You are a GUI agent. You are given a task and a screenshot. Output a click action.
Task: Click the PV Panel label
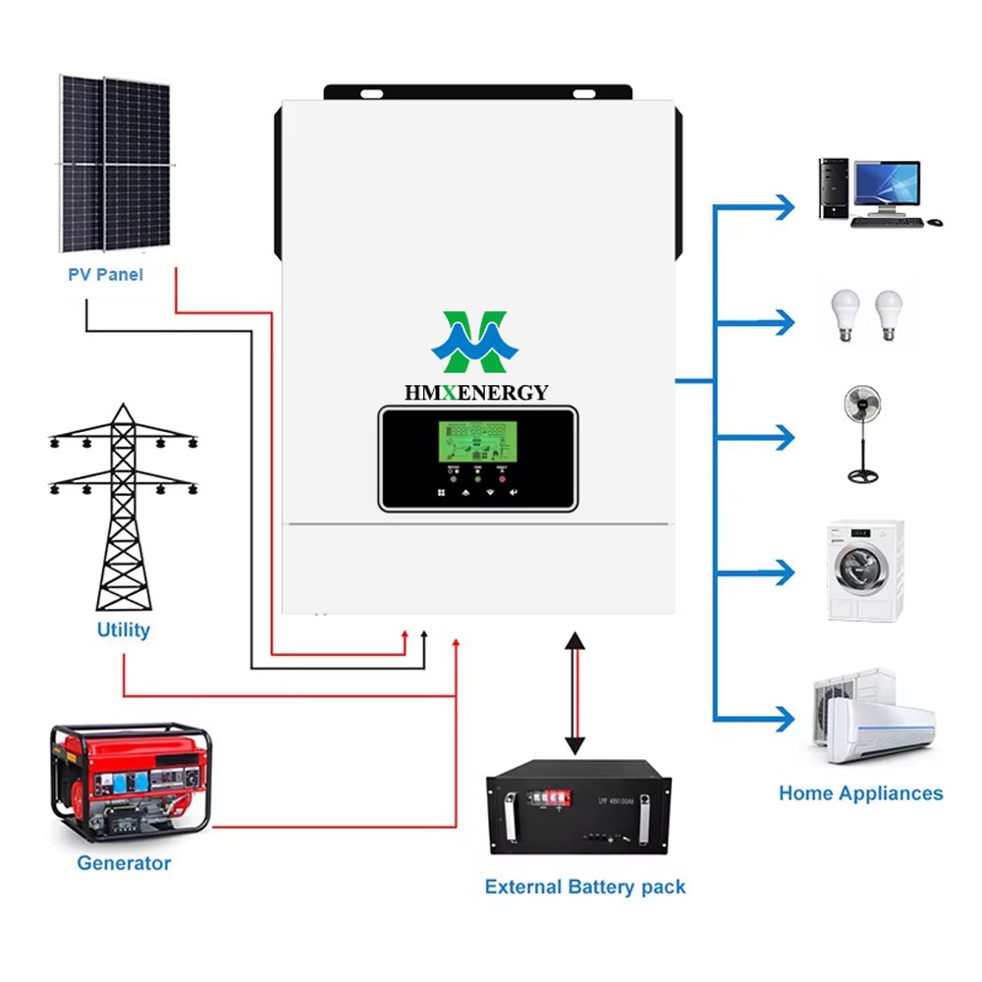coord(105,274)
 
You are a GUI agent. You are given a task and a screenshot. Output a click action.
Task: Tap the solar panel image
coord(114,163)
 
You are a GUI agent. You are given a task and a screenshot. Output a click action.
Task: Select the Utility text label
coord(123,629)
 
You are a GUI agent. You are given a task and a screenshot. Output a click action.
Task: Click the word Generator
coord(124,863)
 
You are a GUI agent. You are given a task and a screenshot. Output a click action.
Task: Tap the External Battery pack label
coord(584,887)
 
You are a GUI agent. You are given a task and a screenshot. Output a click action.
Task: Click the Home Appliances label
coord(860,793)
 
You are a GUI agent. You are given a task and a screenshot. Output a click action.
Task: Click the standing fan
coord(863,433)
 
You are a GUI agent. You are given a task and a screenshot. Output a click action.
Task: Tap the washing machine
coord(865,571)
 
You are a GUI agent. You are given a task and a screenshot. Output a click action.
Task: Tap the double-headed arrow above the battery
coord(575,692)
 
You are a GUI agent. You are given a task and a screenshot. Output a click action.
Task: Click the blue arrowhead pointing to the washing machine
coord(783,572)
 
